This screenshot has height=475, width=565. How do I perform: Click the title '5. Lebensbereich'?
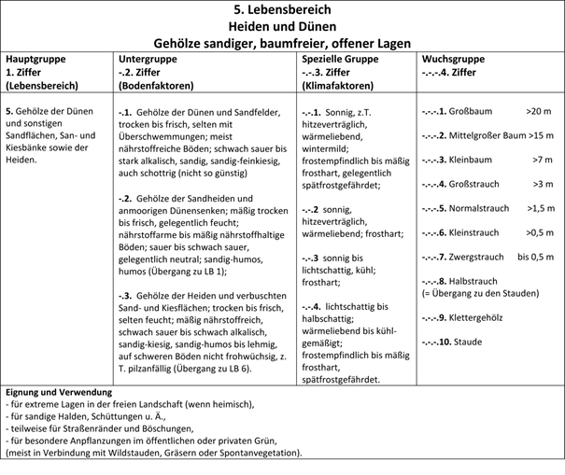pyautogui.click(x=281, y=9)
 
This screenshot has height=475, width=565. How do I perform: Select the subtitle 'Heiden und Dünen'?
pyautogui.click(x=281, y=26)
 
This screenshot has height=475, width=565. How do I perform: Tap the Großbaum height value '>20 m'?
pyautogui.click(x=539, y=111)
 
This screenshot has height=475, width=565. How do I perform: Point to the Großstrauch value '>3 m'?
pyautogui.click(x=544, y=184)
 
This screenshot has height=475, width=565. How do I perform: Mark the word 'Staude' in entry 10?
pyautogui.click(x=468, y=342)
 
